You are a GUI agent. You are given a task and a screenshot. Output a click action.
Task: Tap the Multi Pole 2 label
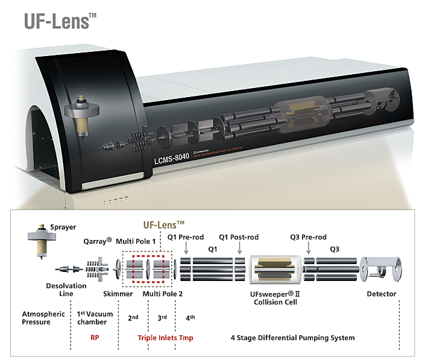pyautogui.click(x=163, y=294)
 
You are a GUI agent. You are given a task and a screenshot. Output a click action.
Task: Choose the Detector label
pyautogui.click(x=382, y=294)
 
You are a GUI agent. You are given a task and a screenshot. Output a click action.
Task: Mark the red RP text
pyautogui.click(x=95, y=338)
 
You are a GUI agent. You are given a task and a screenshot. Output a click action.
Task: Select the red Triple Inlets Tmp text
pyautogui.click(x=165, y=338)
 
